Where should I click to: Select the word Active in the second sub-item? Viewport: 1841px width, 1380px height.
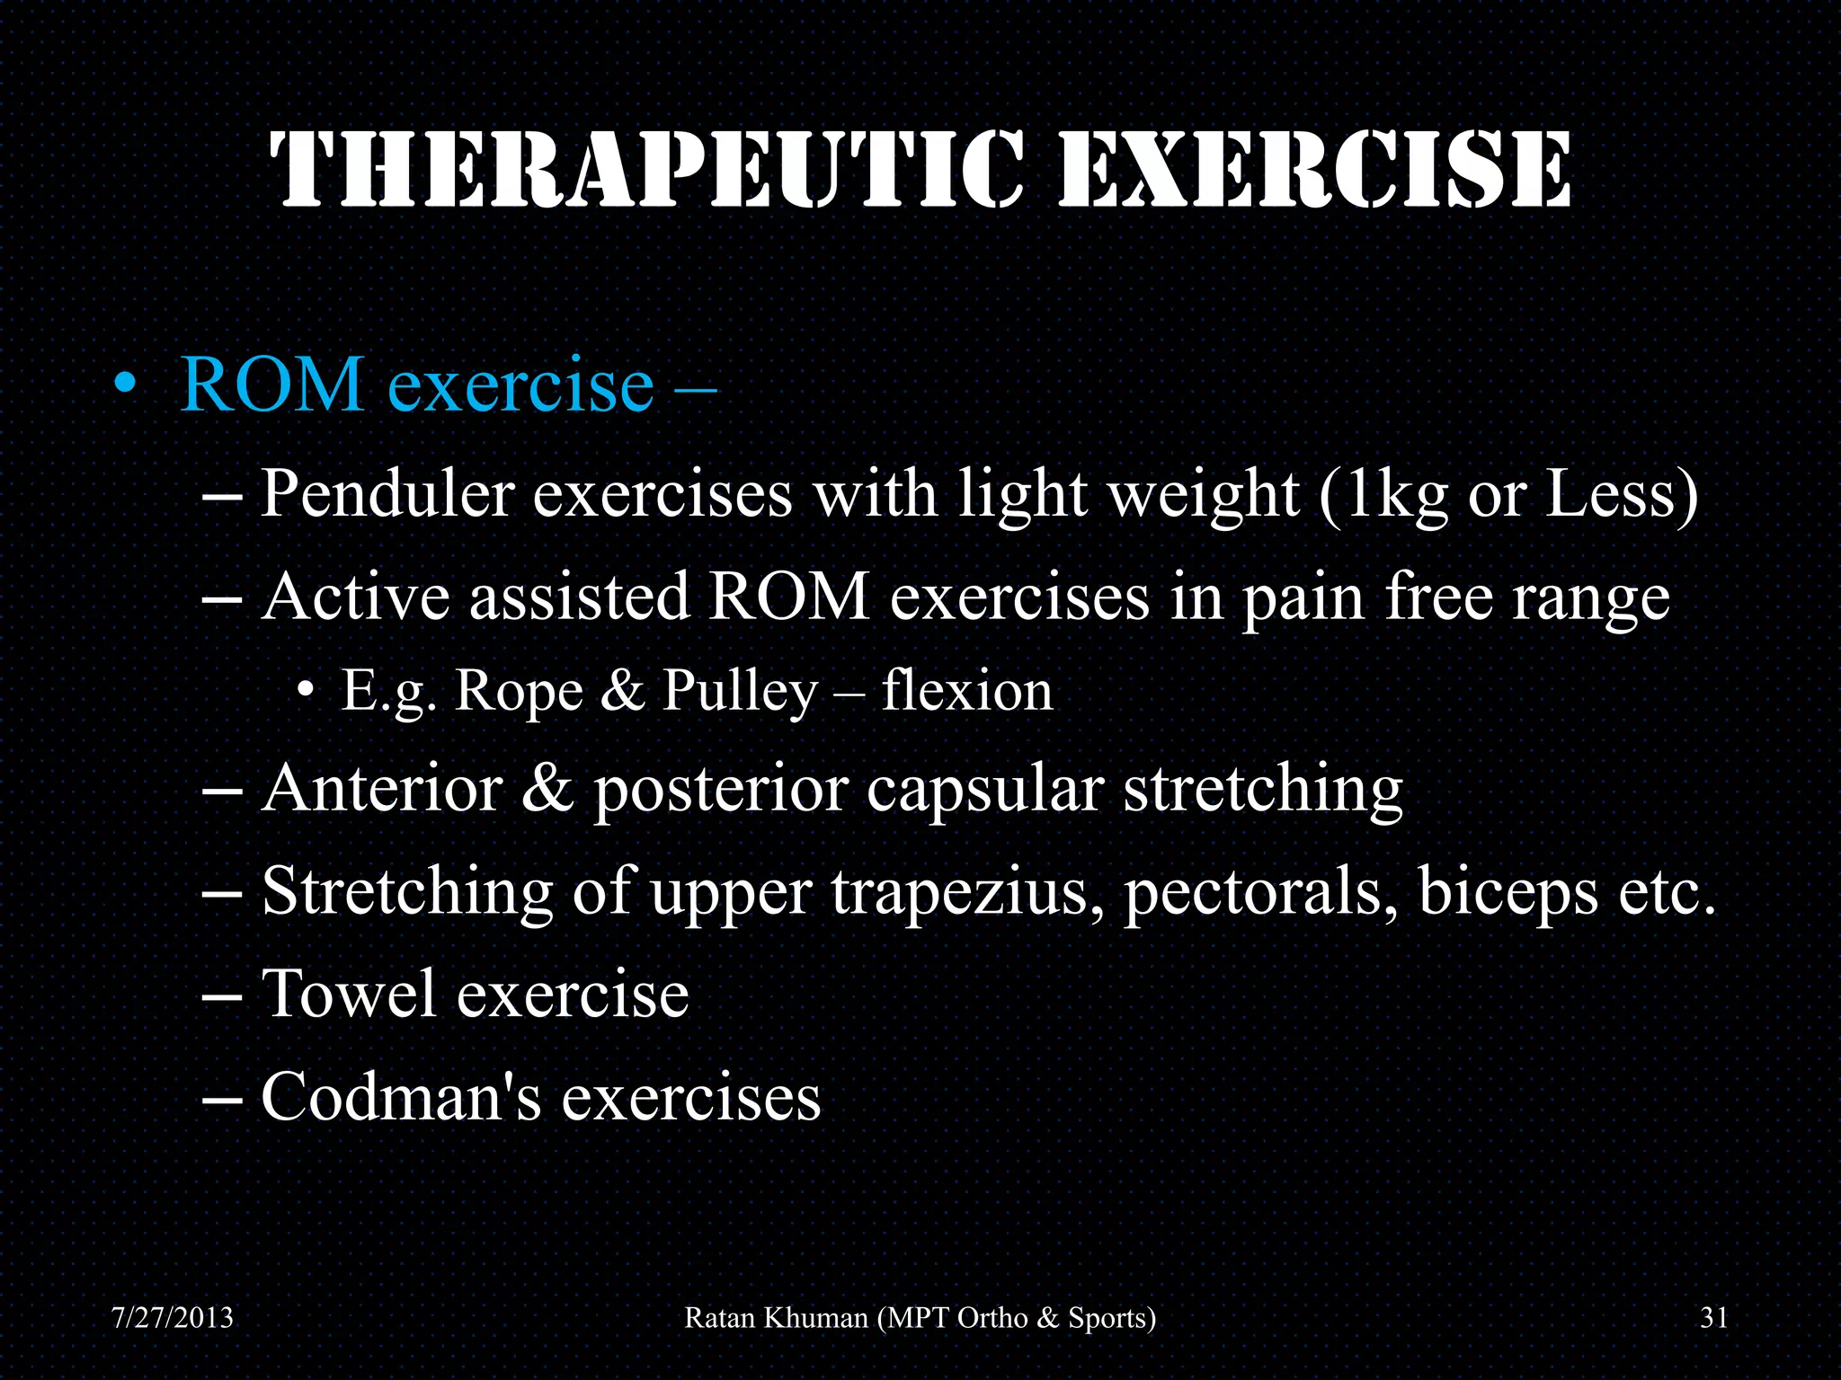[x=355, y=597]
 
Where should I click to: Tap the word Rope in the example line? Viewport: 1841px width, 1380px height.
[x=519, y=691]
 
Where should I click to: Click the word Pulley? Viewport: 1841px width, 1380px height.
[x=740, y=693]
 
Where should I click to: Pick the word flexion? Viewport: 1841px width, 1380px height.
[x=966, y=691]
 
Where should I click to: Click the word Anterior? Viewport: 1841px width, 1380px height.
[x=381, y=789]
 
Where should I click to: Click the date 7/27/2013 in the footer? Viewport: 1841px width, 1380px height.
[x=172, y=1318]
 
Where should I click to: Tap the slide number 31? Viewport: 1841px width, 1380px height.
[x=1713, y=1318]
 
